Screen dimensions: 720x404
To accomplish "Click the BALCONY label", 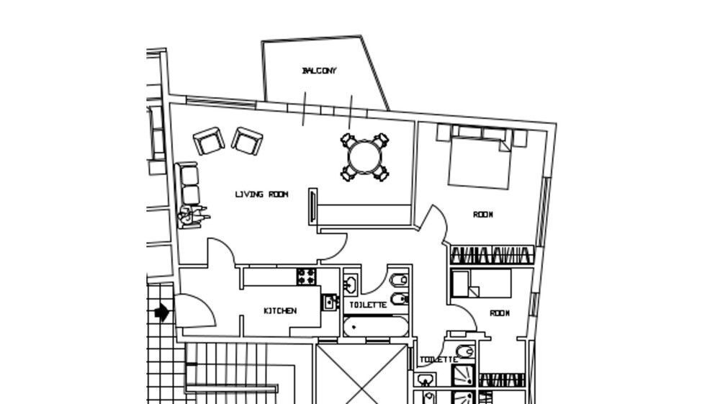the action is [x=319, y=71].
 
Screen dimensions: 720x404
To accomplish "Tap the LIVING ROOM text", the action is [x=261, y=194].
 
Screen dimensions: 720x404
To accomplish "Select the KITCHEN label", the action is [x=280, y=311].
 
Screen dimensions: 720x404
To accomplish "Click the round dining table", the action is [x=364, y=157].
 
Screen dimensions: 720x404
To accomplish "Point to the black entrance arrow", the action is [x=161, y=313].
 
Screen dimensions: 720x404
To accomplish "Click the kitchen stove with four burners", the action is [x=306, y=277].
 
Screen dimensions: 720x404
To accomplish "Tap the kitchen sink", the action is [x=330, y=302].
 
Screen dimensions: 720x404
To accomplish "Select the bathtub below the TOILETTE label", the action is [x=376, y=327].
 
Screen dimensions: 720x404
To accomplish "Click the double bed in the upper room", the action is [x=480, y=161].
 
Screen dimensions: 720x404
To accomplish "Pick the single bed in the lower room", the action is [x=481, y=284].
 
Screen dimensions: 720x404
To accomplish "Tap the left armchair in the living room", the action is [x=209, y=141].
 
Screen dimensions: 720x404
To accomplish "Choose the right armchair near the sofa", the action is [x=247, y=141].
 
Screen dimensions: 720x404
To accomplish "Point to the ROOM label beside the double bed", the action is [x=483, y=215].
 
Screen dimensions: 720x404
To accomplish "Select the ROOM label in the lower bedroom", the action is [x=500, y=313].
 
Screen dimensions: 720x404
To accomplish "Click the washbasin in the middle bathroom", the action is [x=351, y=284].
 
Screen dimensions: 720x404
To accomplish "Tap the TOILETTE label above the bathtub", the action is [x=368, y=305].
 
